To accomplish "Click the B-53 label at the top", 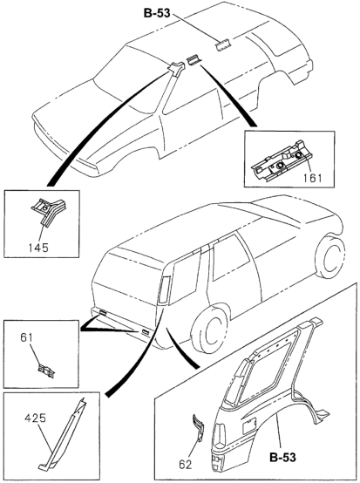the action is pyautogui.click(x=157, y=13).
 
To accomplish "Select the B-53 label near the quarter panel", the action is pyautogui.click(x=282, y=457).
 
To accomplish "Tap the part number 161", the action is pyautogui.click(x=311, y=178).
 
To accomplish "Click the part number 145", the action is pyautogui.click(x=38, y=248).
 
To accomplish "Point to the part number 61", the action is pyautogui.click(x=26, y=337).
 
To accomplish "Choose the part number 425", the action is pyautogui.click(x=36, y=418).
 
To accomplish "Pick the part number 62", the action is pyautogui.click(x=185, y=465).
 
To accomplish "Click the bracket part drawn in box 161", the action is pyautogui.click(x=278, y=160).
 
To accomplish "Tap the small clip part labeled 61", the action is pyautogui.click(x=47, y=371).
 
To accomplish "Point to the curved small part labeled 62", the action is pyautogui.click(x=199, y=427).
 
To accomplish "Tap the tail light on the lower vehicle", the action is pyautogui.click(x=164, y=289).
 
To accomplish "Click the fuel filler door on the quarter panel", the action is pyautogui.click(x=249, y=425).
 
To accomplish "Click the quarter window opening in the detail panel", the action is pyautogui.click(x=264, y=365).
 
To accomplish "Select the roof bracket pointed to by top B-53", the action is pyautogui.click(x=223, y=45).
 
